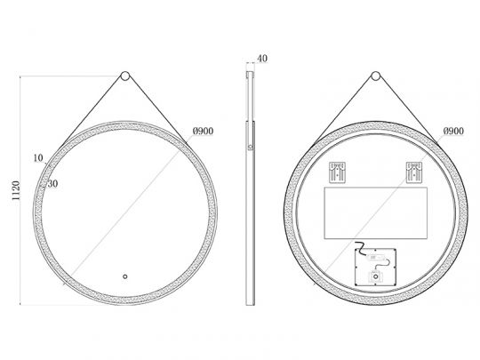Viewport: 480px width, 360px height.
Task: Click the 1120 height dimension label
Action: pos(16,190)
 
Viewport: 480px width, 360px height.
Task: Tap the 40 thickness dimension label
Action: pos(262,59)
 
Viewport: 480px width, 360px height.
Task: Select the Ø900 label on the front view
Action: pos(203,132)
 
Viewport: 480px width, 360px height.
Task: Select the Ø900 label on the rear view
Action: pos(453,132)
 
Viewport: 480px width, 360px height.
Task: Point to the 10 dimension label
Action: pos(38,158)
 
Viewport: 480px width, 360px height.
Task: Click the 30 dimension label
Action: pos(52,184)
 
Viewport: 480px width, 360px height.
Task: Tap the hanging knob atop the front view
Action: pos(125,76)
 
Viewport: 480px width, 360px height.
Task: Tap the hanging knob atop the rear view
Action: pos(376,76)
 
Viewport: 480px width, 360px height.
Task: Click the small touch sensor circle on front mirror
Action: pos(125,276)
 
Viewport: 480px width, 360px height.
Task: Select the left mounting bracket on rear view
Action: pos(337,172)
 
